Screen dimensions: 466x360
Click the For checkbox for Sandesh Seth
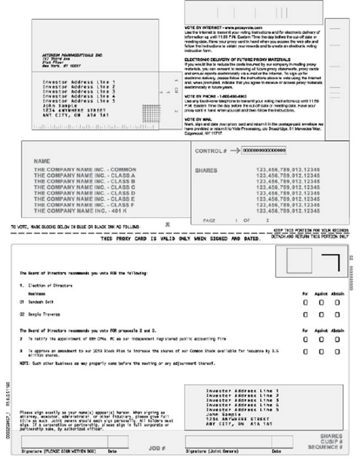[x=305, y=302]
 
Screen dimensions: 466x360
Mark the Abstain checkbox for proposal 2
[x=337, y=339]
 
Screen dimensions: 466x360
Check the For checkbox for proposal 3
[x=305, y=351]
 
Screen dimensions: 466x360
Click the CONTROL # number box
[x=264, y=150]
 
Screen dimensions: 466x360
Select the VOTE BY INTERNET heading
[x=216, y=27]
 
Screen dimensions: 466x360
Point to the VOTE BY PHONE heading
[x=208, y=97]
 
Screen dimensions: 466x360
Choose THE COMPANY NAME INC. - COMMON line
[x=85, y=169]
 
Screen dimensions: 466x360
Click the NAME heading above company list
[x=42, y=161]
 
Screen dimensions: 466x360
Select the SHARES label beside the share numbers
[x=206, y=170]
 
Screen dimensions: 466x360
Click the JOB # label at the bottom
[x=157, y=448]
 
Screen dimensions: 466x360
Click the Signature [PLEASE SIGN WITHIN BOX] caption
[x=58, y=451]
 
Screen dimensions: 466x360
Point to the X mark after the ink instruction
[x=168, y=224]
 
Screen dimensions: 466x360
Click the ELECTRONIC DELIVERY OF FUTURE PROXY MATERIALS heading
[x=231, y=58]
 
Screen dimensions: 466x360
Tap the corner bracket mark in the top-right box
[x=331, y=262]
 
